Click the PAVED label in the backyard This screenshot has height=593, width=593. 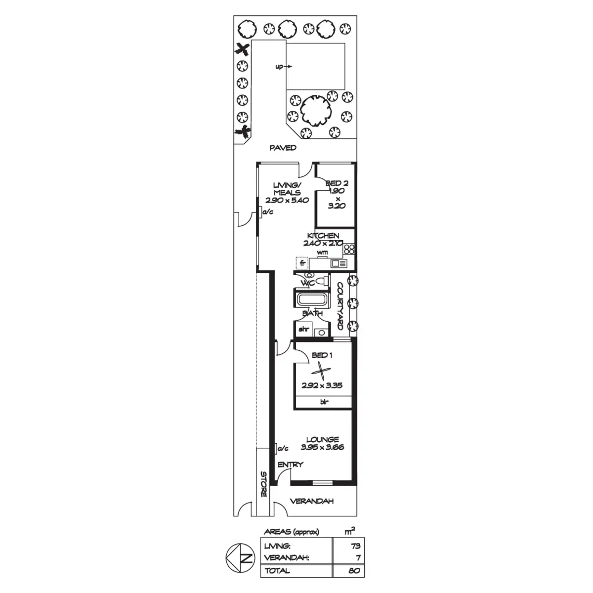coord(283,148)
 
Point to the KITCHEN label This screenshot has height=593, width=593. coord(323,236)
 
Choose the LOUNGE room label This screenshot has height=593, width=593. coord(322,439)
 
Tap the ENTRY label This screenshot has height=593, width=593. coord(290,465)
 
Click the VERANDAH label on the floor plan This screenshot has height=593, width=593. coord(311,501)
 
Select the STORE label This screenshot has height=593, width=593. coord(263,484)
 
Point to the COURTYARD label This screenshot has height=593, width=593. coord(340,306)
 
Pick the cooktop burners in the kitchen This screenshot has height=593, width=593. coord(349,249)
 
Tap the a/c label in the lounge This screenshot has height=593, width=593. coord(283,448)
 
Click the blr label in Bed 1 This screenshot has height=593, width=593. coord(324,402)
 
